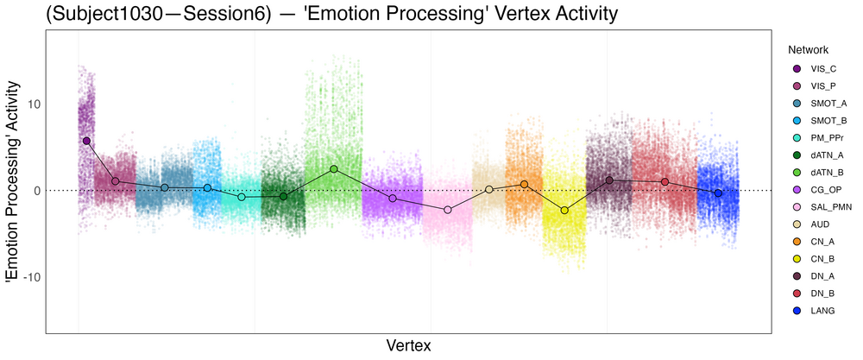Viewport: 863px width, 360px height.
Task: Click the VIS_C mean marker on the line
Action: click(86, 141)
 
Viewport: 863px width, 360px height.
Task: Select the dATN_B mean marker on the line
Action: click(334, 169)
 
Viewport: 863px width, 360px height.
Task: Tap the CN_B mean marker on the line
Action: click(564, 211)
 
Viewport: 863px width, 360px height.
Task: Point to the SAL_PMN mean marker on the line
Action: click(447, 210)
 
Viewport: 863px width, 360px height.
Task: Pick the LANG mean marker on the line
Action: click(718, 193)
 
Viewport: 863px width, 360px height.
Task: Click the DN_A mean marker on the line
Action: click(609, 180)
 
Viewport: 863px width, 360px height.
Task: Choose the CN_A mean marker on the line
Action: click(524, 184)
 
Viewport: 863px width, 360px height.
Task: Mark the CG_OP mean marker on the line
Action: click(393, 199)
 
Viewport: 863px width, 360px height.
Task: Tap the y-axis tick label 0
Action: click(34, 191)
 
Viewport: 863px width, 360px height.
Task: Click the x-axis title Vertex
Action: click(408, 345)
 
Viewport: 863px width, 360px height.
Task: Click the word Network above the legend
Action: click(802, 50)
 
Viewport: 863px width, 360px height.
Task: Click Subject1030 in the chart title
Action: click(109, 15)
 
